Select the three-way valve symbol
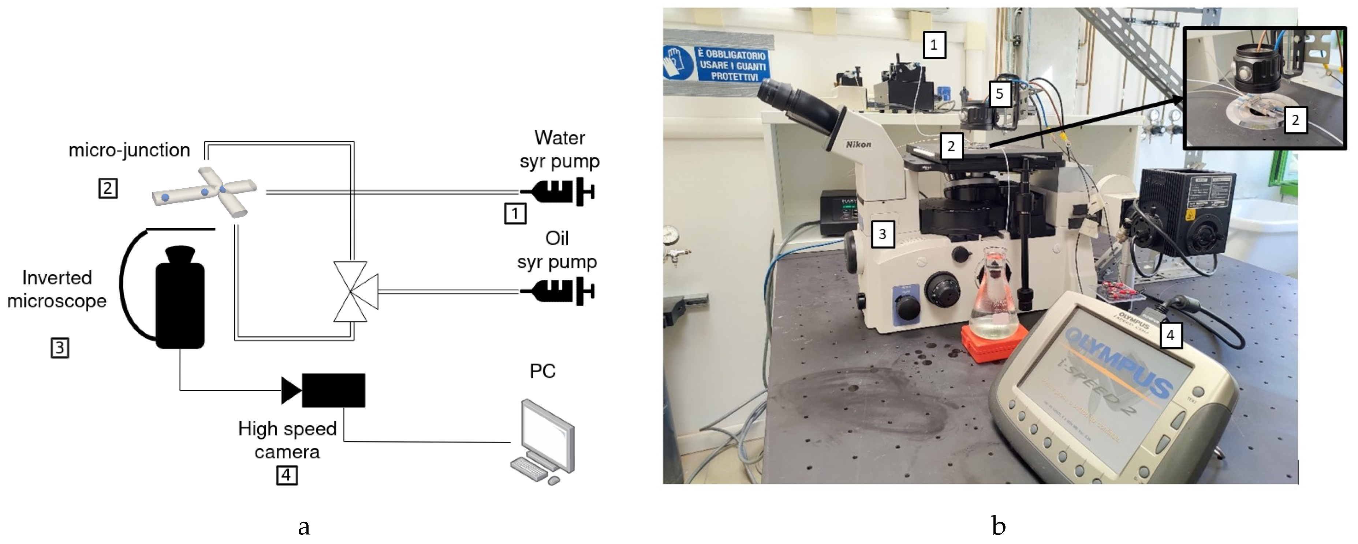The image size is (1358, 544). click(354, 291)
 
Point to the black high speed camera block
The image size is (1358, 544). click(333, 390)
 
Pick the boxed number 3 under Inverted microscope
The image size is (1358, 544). click(60, 348)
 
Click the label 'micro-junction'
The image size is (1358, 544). click(129, 150)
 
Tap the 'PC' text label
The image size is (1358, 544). click(542, 371)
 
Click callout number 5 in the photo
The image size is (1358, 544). click(999, 94)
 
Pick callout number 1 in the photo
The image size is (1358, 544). click(934, 45)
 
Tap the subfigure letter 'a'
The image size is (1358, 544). click(304, 526)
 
